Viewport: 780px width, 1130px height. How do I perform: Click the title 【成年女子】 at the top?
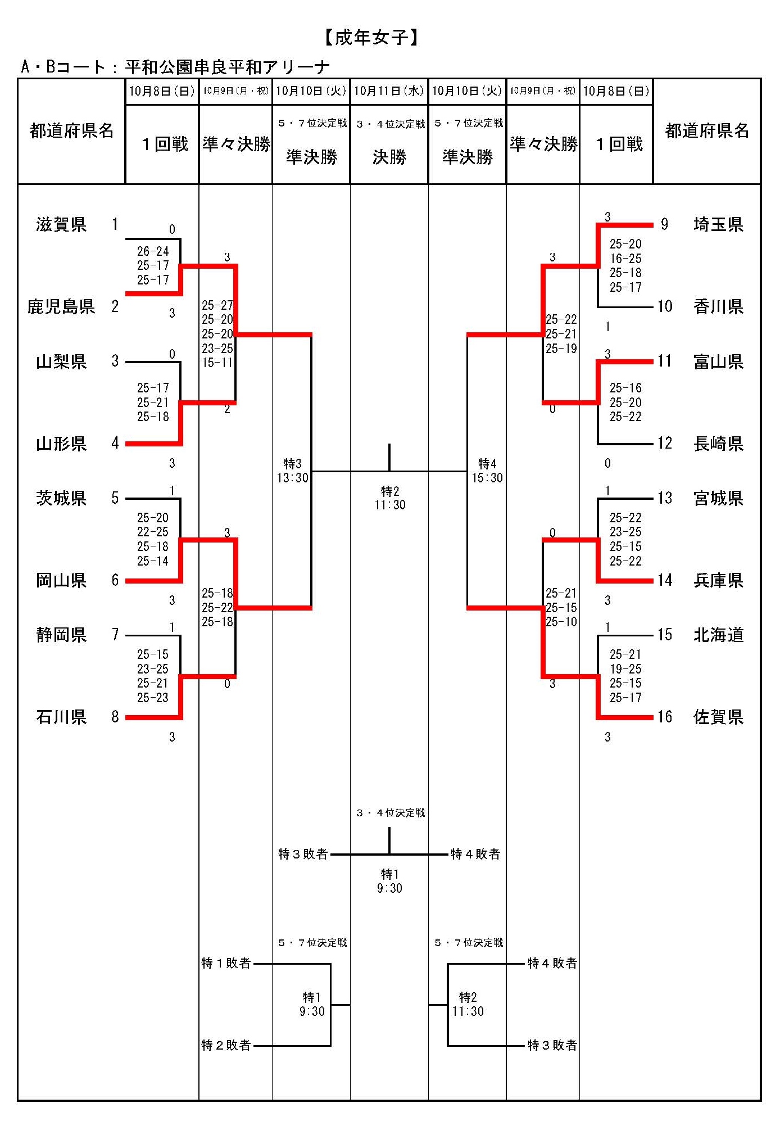[x=371, y=38]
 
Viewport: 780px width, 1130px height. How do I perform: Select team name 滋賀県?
[x=61, y=225]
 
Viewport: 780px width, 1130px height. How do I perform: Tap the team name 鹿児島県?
[x=61, y=306]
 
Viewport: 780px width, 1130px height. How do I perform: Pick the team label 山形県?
[x=61, y=444]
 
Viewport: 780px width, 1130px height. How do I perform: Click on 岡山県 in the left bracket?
[x=61, y=580]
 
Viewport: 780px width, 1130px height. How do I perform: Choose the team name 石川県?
[x=61, y=717]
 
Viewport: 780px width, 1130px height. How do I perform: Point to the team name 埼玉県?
[x=718, y=225]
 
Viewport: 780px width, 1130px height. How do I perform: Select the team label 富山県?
[x=718, y=361]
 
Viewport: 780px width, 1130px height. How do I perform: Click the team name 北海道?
[x=718, y=635]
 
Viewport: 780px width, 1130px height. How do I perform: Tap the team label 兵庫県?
[x=718, y=580]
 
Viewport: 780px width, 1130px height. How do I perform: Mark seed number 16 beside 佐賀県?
[x=665, y=717]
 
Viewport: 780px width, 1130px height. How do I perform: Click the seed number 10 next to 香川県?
[x=665, y=306]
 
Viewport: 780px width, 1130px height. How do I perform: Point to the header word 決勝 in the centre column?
[x=389, y=157]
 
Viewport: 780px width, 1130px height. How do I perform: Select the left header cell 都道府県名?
[x=71, y=131]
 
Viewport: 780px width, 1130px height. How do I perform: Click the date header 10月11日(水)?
[x=389, y=91]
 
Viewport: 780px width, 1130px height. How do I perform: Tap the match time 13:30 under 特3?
[x=293, y=478]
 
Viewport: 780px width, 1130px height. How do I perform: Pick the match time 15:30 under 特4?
[x=487, y=478]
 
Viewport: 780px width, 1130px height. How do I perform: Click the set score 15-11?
[x=217, y=363]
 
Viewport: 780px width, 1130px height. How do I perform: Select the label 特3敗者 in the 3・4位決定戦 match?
[x=303, y=855]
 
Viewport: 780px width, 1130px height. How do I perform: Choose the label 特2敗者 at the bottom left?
[x=226, y=1045]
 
